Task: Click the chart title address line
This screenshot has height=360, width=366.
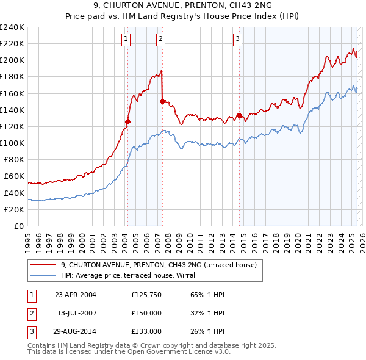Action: (183, 5)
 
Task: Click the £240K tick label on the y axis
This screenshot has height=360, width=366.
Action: (13, 27)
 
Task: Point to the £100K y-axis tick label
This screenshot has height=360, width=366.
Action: (13, 143)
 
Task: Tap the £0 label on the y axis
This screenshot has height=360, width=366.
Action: (20, 226)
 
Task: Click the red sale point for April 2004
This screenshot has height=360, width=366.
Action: (127, 121)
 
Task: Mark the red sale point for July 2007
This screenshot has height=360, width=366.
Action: (162, 101)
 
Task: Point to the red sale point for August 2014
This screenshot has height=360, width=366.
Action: (239, 115)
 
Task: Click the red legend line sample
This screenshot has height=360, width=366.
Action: (43, 265)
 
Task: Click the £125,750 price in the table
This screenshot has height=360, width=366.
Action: (146, 295)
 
